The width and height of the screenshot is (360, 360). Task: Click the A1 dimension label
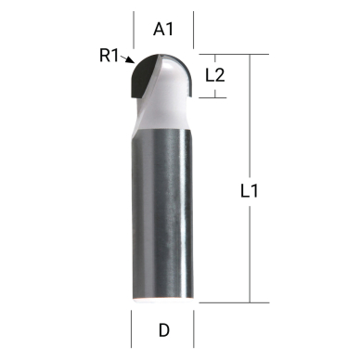[x=164, y=30]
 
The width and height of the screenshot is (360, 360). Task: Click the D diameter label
[x=163, y=329]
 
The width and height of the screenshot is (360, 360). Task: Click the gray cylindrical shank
[x=163, y=213]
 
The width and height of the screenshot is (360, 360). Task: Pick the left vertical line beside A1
[x=134, y=32]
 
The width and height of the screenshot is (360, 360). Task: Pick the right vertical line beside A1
[x=194, y=32]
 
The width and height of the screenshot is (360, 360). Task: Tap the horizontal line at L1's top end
[x=232, y=54]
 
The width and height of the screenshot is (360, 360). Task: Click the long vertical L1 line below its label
[x=250, y=251]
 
